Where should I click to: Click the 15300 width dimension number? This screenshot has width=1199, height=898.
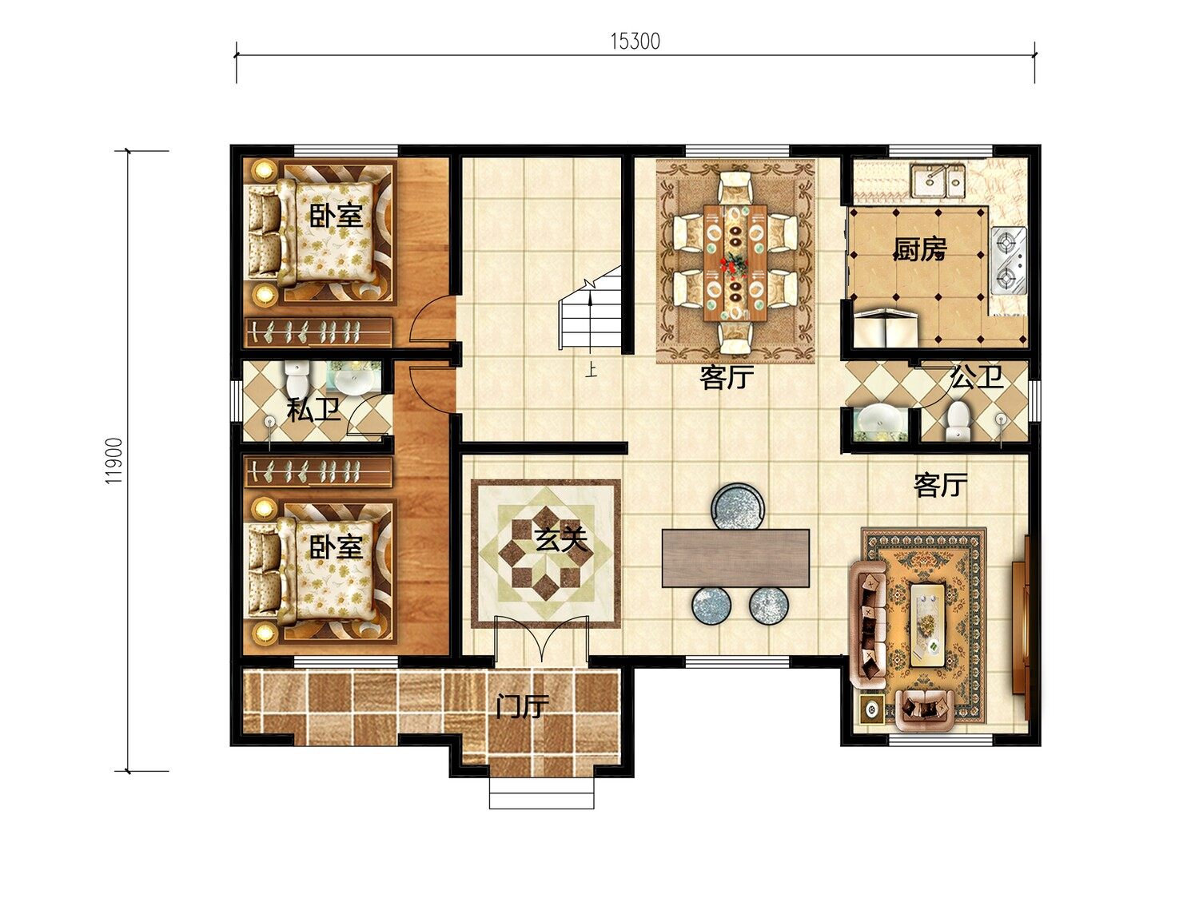click(x=635, y=42)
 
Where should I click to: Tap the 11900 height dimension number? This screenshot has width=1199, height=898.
click(x=114, y=461)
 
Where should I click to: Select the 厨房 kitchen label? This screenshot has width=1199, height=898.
click(x=920, y=249)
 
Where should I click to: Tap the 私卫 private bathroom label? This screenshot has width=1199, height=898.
click(x=313, y=411)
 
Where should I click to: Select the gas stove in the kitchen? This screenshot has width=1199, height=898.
click(x=1009, y=261)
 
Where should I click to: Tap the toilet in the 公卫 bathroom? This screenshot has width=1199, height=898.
click(x=958, y=421)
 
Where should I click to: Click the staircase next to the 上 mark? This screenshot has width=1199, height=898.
click(x=591, y=308)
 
